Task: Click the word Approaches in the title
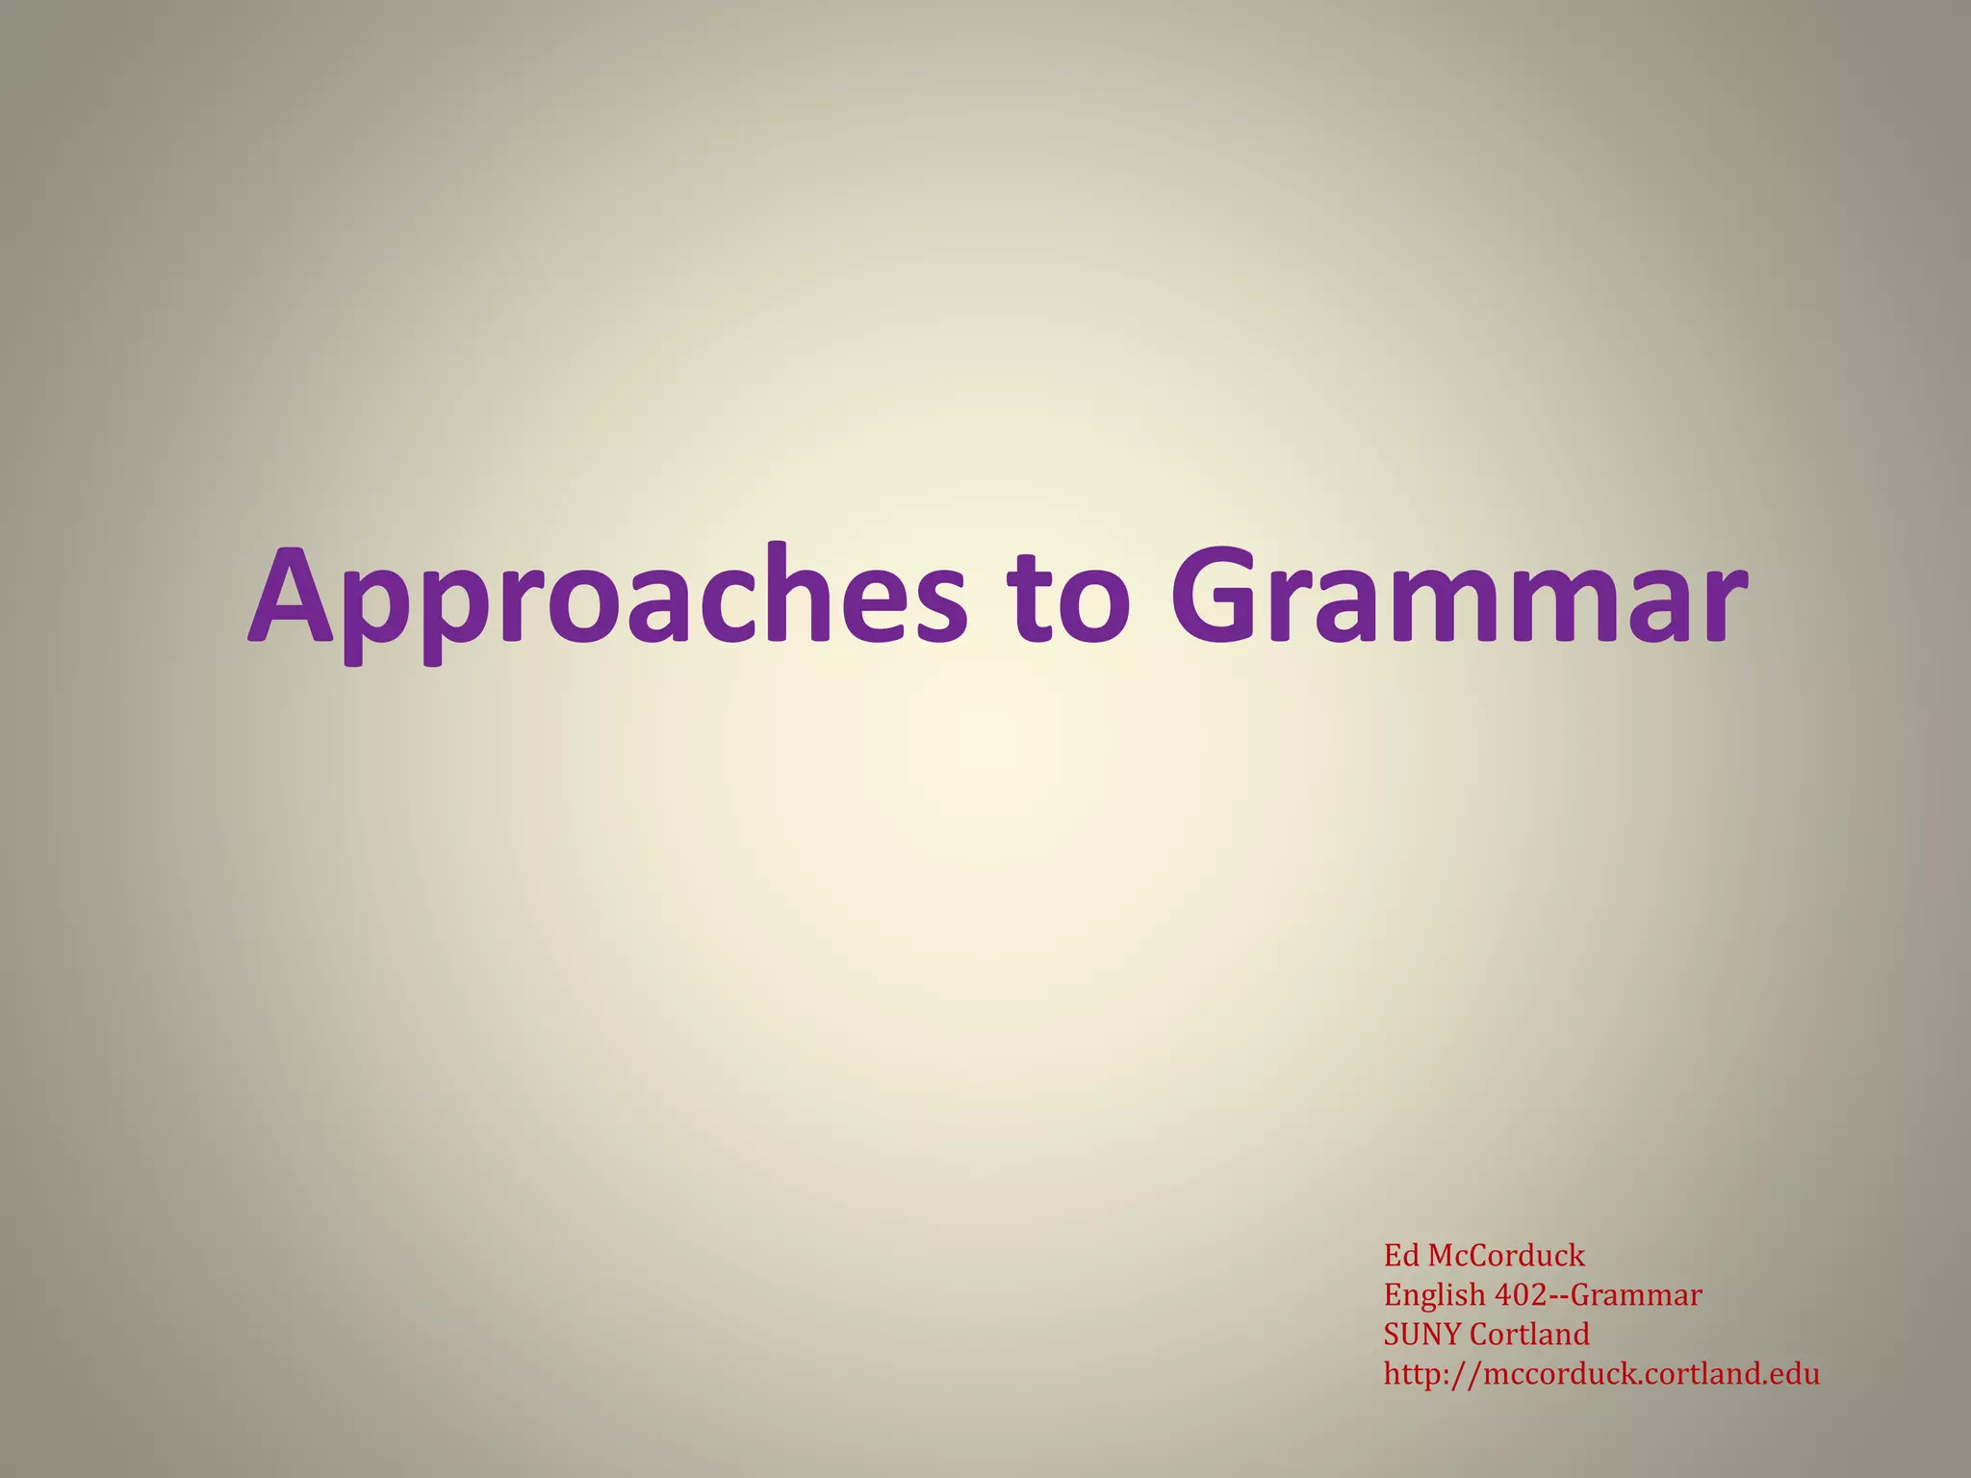(x=606, y=597)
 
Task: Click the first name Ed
(x=1401, y=1256)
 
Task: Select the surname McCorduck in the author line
(x=1506, y=1256)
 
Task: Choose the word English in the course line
(x=1435, y=1296)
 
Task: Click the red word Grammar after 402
(x=1636, y=1295)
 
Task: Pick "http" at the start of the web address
(x=1411, y=1373)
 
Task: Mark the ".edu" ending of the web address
(x=1791, y=1373)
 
